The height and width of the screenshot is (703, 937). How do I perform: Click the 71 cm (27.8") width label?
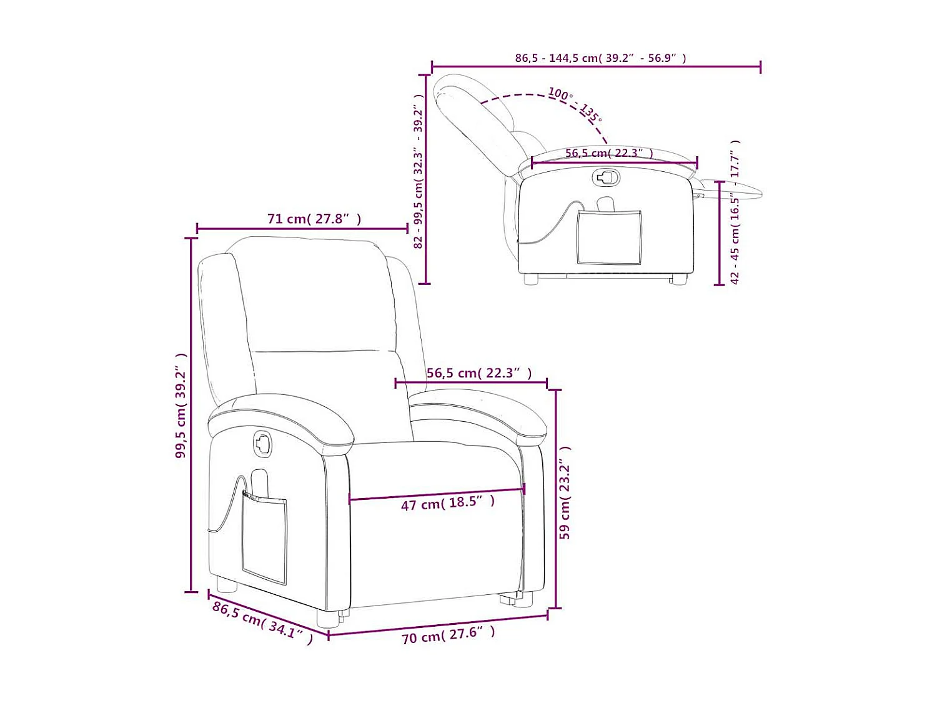(x=314, y=219)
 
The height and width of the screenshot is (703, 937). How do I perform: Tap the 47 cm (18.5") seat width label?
(x=447, y=502)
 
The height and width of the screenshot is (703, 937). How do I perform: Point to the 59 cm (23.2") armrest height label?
(x=565, y=492)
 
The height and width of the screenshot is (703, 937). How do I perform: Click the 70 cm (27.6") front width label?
(x=448, y=635)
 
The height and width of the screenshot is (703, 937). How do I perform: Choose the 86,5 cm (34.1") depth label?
(x=262, y=622)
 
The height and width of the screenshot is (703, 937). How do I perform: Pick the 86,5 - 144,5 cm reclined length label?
(x=600, y=58)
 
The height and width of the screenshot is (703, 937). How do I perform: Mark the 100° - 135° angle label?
(x=575, y=104)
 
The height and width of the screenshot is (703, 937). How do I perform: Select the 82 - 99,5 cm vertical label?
(x=419, y=172)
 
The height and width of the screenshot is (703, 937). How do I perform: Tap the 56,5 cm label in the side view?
(x=609, y=153)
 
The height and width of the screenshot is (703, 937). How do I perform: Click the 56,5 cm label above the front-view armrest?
(x=479, y=373)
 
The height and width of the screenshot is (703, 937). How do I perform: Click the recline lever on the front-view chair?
(x=263, y=444)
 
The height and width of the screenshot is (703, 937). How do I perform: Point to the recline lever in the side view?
(x=605, y=177)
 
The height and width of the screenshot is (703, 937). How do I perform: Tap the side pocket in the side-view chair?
(x=609, y=237)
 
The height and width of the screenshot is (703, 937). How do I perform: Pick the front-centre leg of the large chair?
(x=327, y=618)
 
